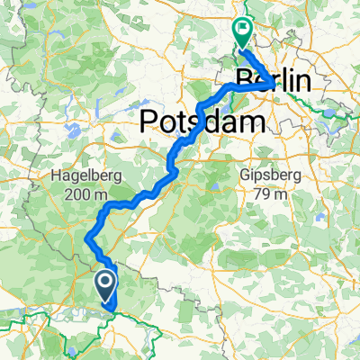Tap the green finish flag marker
tap(243, 31)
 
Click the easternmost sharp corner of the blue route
tap(274, 85)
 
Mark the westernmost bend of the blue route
tap(87, 238)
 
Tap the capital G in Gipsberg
tap(243, 174)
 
